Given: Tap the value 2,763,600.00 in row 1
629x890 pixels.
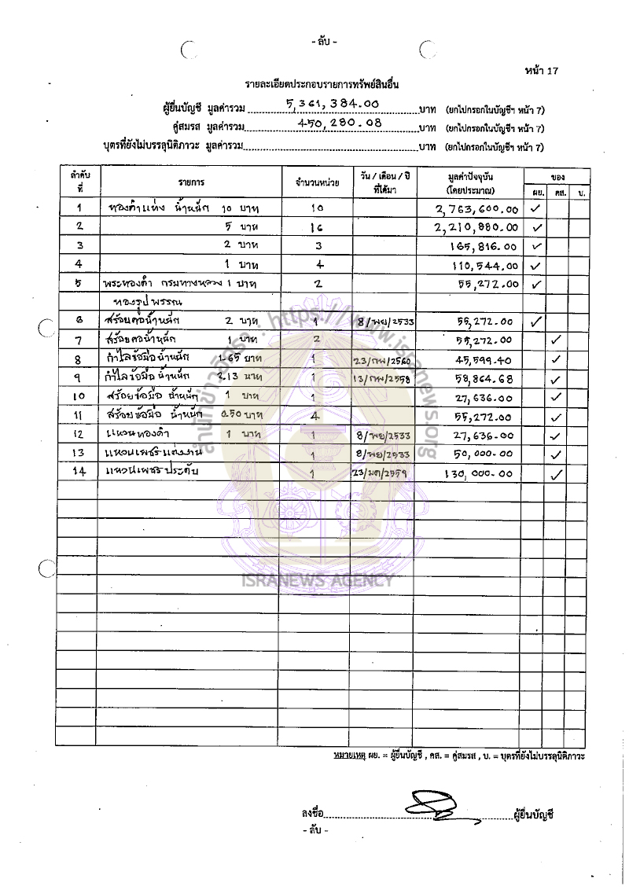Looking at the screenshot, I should pos(477,209).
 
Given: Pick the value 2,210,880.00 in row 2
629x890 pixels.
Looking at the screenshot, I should pos(476,227).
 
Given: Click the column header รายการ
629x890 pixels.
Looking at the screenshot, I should pos(189,182).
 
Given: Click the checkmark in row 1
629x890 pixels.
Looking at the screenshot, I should pos(535,208).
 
